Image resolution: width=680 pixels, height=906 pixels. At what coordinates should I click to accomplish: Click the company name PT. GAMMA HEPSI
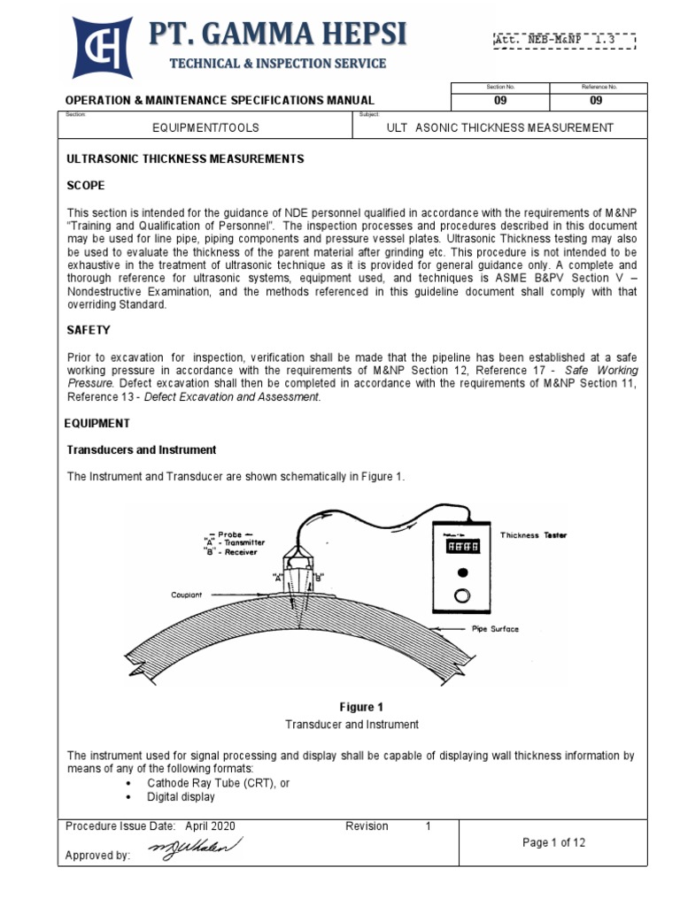point(277,35)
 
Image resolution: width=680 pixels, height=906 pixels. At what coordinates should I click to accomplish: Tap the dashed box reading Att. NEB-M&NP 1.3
point(564,40)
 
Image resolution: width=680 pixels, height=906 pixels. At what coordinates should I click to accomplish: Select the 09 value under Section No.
point(500,101)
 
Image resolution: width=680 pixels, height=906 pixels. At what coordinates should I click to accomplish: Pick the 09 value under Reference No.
point(599,101)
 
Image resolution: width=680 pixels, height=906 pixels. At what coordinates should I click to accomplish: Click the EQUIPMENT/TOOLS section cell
point(205,127)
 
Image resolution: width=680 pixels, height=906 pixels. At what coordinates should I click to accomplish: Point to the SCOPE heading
point(87,186)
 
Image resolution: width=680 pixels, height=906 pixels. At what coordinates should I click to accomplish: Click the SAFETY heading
point(89,330)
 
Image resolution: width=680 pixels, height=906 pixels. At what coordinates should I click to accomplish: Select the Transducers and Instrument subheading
point(142,450)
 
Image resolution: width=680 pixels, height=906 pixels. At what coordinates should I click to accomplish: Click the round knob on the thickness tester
point(462,593)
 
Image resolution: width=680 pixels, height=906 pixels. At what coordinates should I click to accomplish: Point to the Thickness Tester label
point(534,535)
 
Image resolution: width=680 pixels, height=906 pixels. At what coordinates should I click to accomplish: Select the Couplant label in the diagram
point(188,595)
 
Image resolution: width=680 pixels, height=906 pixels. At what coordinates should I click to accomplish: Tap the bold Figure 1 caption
point(362,707)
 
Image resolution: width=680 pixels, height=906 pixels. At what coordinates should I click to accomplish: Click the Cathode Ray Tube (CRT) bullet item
point(218,783)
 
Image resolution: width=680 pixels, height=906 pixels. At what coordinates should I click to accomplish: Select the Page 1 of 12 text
point(554,842)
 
